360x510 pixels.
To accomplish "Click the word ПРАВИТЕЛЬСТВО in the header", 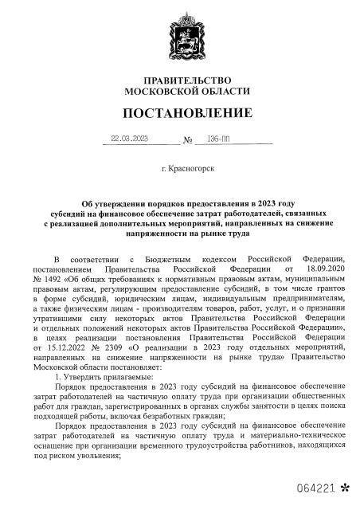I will (x=179, y=81).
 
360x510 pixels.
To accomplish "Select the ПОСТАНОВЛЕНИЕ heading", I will (x=179, y=112).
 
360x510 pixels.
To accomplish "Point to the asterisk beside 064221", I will (x=345, y=485).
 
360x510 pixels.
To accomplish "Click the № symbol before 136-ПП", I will (x=189, y=139).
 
